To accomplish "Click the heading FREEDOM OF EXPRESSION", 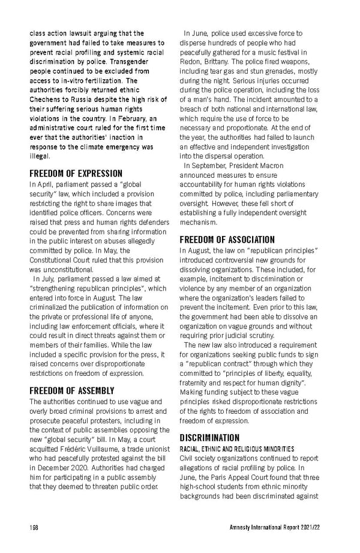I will (76, 174).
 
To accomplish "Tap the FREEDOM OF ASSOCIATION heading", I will (227, 240).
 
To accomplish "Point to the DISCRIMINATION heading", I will (209, 438).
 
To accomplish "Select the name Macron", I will (267, 165).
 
